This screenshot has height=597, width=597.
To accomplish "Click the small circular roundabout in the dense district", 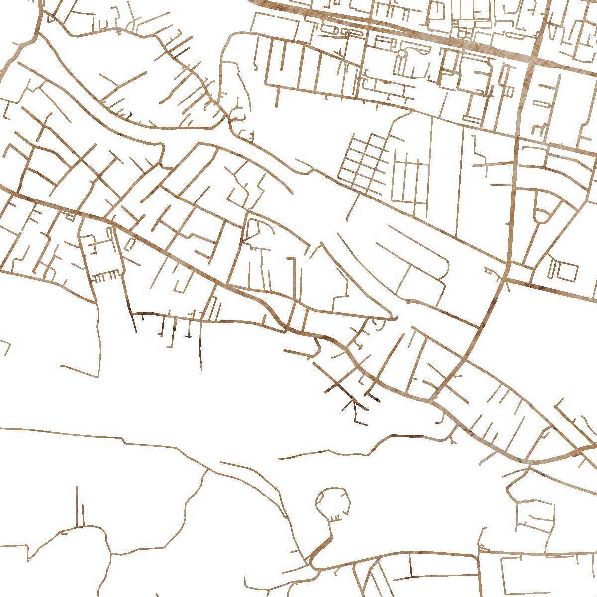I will coord(402,52).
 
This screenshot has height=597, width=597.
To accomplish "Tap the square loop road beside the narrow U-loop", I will coord(567,271).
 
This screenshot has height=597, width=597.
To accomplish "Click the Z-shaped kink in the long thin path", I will coord(124,441).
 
